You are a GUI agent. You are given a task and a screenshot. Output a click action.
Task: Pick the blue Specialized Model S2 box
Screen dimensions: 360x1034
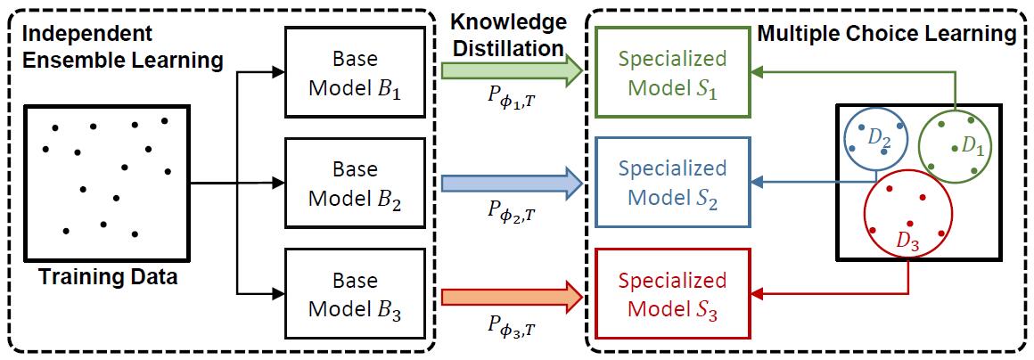coord(673,184)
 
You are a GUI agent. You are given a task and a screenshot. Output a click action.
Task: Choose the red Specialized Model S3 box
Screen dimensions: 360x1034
coord(673,295)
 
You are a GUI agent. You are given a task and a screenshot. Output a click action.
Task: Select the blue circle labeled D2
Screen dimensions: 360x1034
coord(874,139)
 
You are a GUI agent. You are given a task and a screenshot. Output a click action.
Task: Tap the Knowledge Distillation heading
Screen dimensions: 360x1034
coord(508,33)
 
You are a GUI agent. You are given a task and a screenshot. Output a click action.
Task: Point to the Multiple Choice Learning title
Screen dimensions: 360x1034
coord(886,35)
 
